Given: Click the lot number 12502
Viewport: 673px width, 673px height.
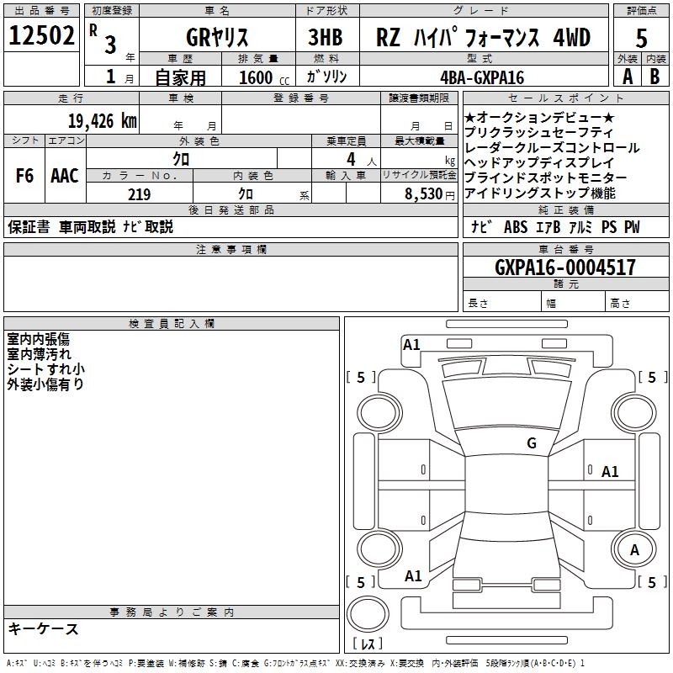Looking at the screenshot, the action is [43, 36].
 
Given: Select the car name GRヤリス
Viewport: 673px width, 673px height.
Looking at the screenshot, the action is [216, 37].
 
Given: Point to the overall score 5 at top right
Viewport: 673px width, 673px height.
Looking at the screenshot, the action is [642, 37].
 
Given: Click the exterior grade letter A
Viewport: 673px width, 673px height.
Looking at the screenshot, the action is [627, 77].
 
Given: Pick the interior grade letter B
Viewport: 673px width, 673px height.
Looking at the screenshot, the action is [655, 77].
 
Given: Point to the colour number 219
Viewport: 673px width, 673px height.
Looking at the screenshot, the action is [139, 194].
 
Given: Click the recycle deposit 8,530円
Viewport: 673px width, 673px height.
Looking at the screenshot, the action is [430, 194].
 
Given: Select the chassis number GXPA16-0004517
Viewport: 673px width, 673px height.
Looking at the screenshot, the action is [565, 268].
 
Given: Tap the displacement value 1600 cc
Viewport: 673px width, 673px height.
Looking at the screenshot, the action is [262, 77].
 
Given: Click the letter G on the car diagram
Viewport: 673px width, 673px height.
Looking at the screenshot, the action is [532, 442].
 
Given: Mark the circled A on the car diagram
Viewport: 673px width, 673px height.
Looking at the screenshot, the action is [635, 549].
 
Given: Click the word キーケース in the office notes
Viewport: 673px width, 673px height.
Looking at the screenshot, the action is [43, 628].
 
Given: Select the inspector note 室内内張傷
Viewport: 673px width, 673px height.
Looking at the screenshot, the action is [38, 339].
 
